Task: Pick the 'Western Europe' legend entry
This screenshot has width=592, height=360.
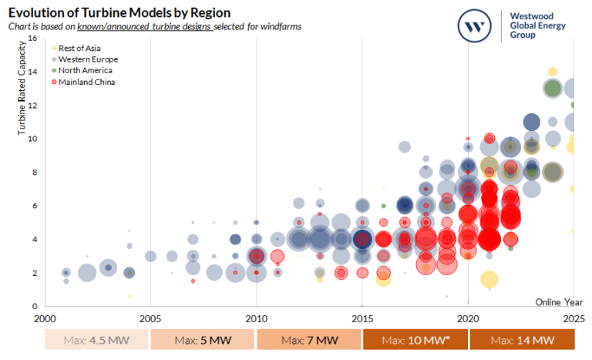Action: [x=83, y=59]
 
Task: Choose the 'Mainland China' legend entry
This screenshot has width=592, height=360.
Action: [x=84, y=82]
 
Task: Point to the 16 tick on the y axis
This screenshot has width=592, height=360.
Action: [x=32, y=39]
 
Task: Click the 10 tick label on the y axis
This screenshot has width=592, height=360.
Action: [x=32, y=139]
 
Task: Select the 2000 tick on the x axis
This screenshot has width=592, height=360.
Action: [x=44, y=318]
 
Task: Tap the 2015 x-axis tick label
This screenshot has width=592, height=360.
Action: [x=362, y=318]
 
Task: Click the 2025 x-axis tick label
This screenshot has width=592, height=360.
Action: [x=572, y=318]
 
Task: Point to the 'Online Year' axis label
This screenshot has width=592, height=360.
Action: [x=554, y=300]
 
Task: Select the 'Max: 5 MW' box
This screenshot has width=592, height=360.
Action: [x=202, y=340]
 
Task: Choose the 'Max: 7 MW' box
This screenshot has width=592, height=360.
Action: [x=308, y=340]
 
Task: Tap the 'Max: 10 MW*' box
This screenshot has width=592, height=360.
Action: [x=415, y=340]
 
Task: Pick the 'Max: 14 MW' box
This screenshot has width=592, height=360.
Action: [x=521, y=340]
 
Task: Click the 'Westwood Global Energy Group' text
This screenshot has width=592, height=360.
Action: [x=537, y=25]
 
